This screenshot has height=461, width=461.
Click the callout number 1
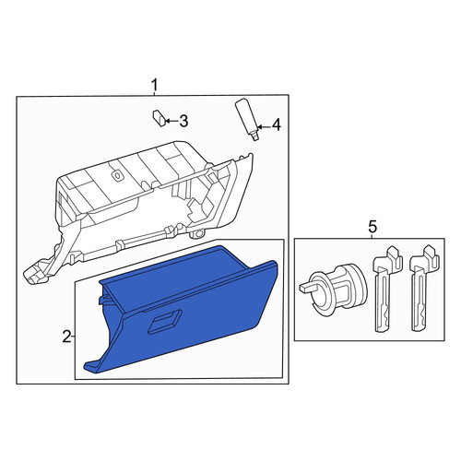click(155, 85)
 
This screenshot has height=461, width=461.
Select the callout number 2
click(66, 337)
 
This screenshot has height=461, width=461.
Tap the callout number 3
click(183, 121)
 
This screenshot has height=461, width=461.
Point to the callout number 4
click(277, 125)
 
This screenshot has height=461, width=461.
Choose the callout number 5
click(372, 228)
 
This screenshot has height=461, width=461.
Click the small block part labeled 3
click(160, 118)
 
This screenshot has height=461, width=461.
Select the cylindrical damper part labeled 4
click(247, 120)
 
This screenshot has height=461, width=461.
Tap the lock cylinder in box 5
click(334, 289)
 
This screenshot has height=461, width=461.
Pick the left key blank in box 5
click(386, 289)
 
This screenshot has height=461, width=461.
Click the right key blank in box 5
click(423, 289)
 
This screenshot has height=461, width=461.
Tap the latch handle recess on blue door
click(165, 322)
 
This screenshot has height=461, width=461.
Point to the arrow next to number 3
click(171, 121)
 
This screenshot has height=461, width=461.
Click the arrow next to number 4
click(264, 126)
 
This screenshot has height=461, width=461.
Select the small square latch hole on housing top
click(117, 175)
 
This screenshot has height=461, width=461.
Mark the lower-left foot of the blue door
click(91, 367)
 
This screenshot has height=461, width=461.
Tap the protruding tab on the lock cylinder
click(305, 288)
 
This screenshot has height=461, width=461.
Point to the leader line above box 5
click(372, 236)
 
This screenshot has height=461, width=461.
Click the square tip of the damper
click(255, 138)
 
